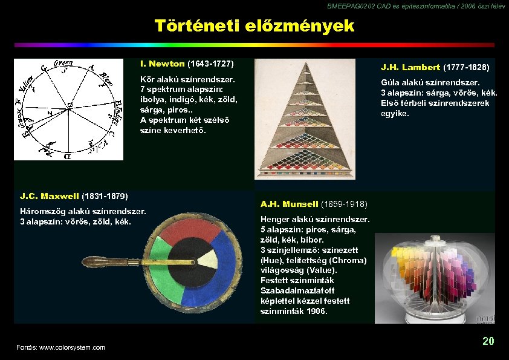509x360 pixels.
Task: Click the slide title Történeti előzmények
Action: click(x=254, y=26)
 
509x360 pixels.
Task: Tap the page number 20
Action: click(x=488, y=341)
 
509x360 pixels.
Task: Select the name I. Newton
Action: click(x=162, y=64)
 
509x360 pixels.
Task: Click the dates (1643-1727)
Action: click(x=211, y=64)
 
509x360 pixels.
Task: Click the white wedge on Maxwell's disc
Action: click(x=208, y=258)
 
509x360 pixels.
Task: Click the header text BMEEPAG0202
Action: click(x=347, y=5)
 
